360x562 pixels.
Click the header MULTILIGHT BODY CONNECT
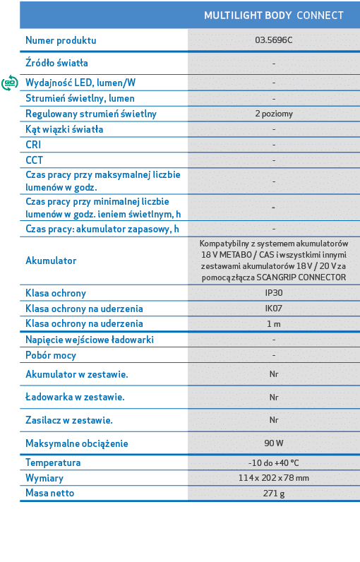pos(273,16)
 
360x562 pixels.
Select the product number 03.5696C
pos(273,40)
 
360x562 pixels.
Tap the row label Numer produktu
pos(61,40)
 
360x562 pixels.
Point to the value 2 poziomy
pos(273,114)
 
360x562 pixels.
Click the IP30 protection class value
pos(273,293)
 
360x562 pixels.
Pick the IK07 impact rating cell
pos(273,309)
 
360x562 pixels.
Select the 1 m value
pos(273,324)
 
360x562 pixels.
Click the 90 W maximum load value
pos(273,443)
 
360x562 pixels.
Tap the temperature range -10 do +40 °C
pos(273,463)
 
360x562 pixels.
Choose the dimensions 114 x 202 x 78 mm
pos(273,478)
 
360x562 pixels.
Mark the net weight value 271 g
pos(273,494)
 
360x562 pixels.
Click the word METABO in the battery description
pos(231,254)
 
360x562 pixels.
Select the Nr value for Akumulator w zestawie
pos(273,374)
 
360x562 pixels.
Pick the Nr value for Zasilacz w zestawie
pos(273,420)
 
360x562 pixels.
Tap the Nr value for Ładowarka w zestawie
pos(273,397)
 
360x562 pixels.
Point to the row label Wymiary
pos(44,478)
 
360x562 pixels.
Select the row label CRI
pos(33,145)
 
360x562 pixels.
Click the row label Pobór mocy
pos(51,355)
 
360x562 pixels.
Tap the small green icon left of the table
pos(9,83)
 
